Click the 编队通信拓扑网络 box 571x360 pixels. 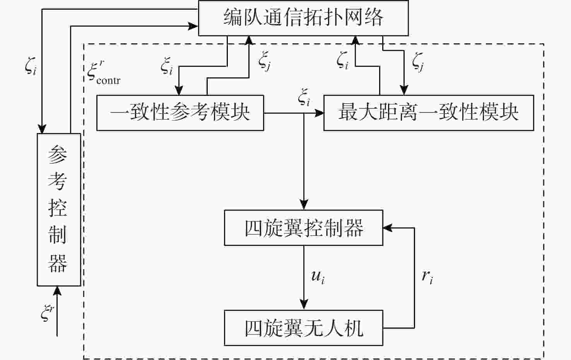(303, 18)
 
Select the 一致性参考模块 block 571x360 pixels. (180, 113)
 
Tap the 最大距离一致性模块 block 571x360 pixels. (428, 113)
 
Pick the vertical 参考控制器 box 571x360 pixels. (59, 210)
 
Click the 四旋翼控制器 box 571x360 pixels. (304, 228)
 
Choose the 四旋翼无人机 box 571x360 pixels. (304, 328)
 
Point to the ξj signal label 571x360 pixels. (265, 62)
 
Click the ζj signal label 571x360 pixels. (418, 62)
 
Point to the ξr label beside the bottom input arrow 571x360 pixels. (47, 312)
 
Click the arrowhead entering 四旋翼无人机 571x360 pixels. (304, 305)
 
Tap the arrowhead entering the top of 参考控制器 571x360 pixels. (42, 129)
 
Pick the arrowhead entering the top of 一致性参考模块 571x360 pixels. (179, 90)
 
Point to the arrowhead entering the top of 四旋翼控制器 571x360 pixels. (304, 205)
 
